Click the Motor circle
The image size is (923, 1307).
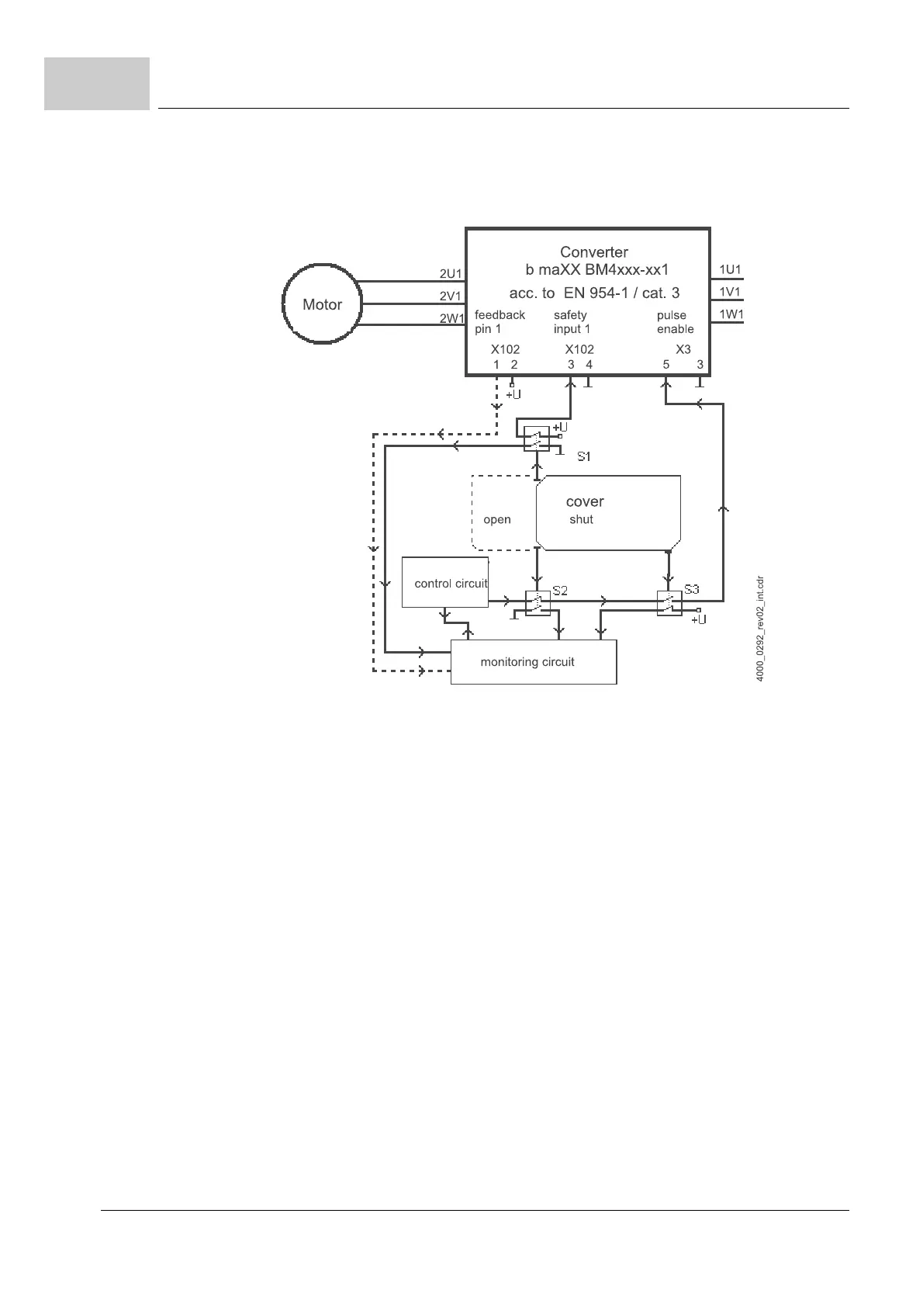click(322, 304)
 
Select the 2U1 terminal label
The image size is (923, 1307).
click(451, 274)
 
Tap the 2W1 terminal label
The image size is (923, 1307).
click(451, 318)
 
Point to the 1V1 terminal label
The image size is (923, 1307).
click(731, 293)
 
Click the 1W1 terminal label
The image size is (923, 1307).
click(731, 315)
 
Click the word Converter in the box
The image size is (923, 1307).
click(594, 252)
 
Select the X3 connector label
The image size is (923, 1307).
click(683, 349)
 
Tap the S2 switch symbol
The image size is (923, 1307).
click(537, 602)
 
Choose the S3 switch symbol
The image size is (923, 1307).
click(669, 602)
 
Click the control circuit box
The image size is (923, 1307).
click(445, 582)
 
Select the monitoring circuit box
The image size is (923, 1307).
click(534, 662)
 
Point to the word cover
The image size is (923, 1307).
click(585, 501)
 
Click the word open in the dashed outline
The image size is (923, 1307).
click(497, 519)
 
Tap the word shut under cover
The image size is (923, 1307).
click(581, 519)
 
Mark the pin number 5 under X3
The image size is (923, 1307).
click(666, 364)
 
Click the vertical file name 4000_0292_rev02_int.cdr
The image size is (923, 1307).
click(761, 629)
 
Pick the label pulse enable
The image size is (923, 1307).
click(675, 322)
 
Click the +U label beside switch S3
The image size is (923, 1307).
click(699, 619)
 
